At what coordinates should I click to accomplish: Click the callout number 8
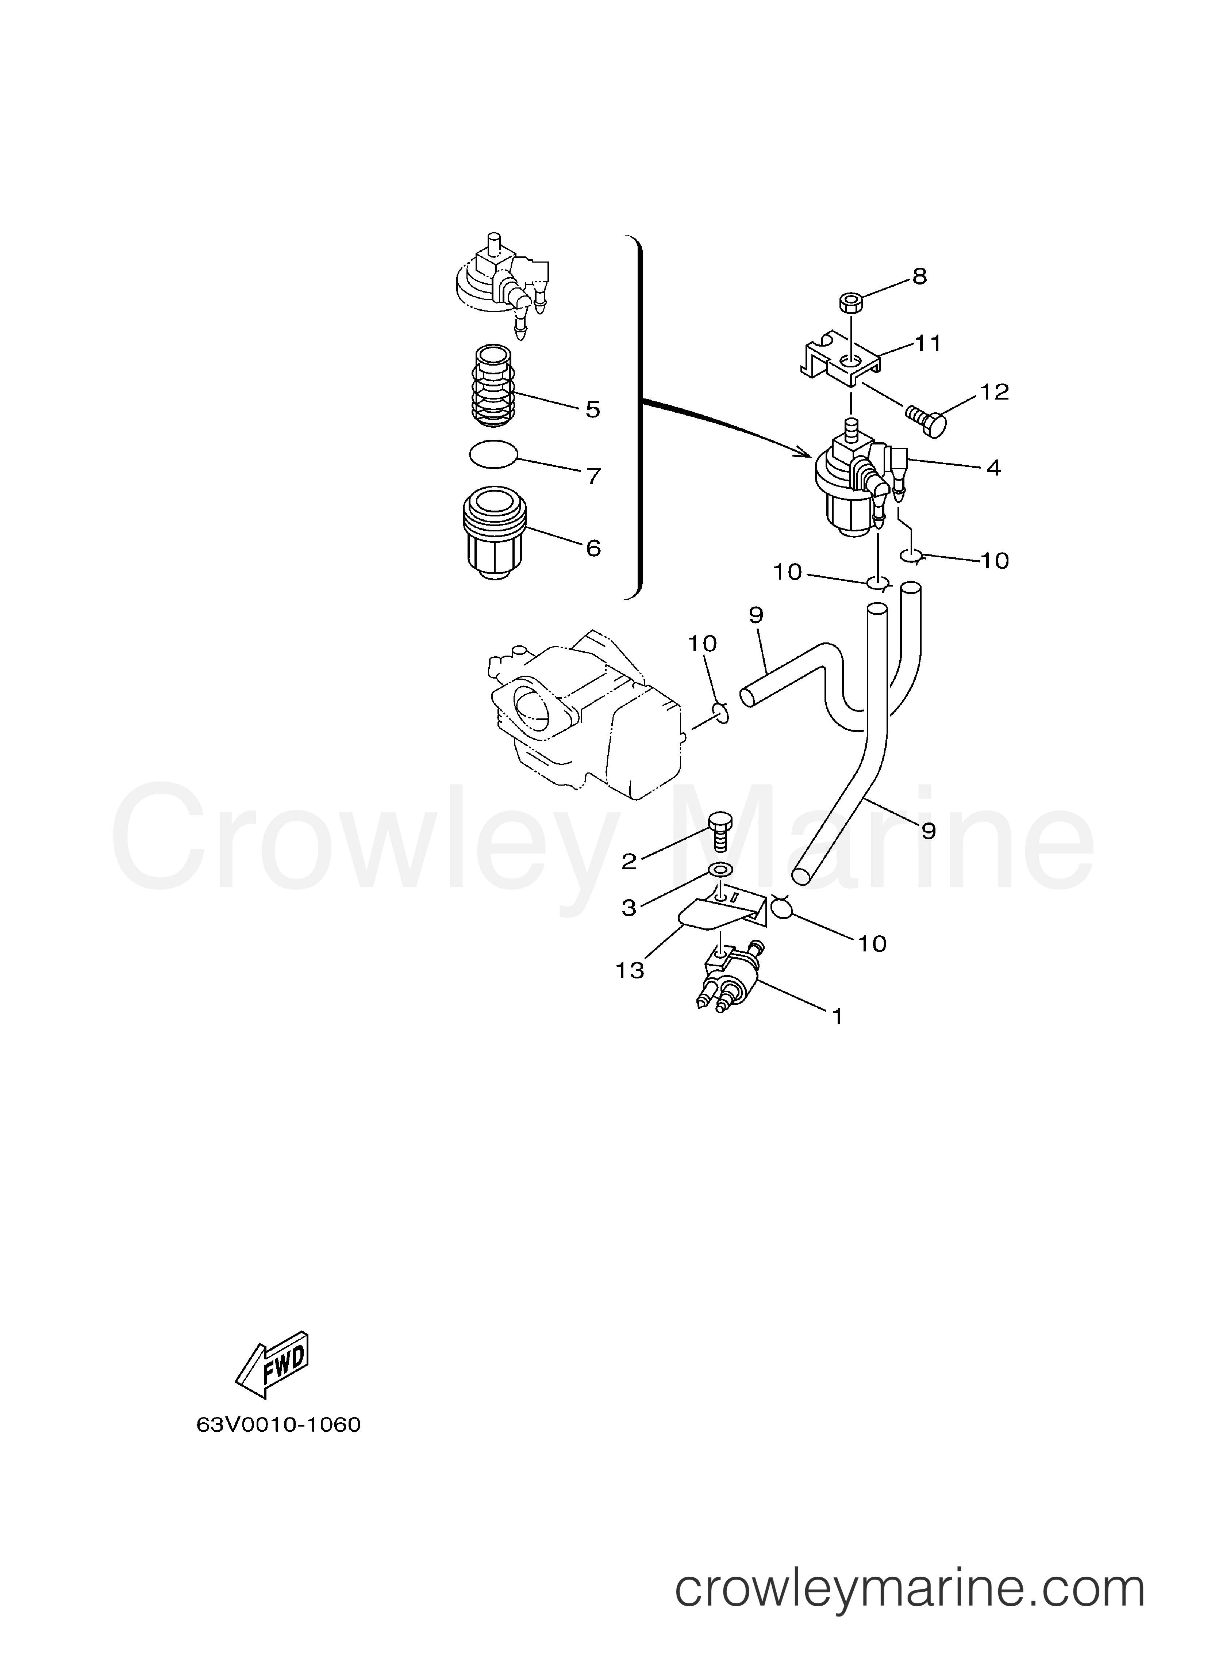(920, 276)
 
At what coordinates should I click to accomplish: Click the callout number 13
(630, 971)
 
